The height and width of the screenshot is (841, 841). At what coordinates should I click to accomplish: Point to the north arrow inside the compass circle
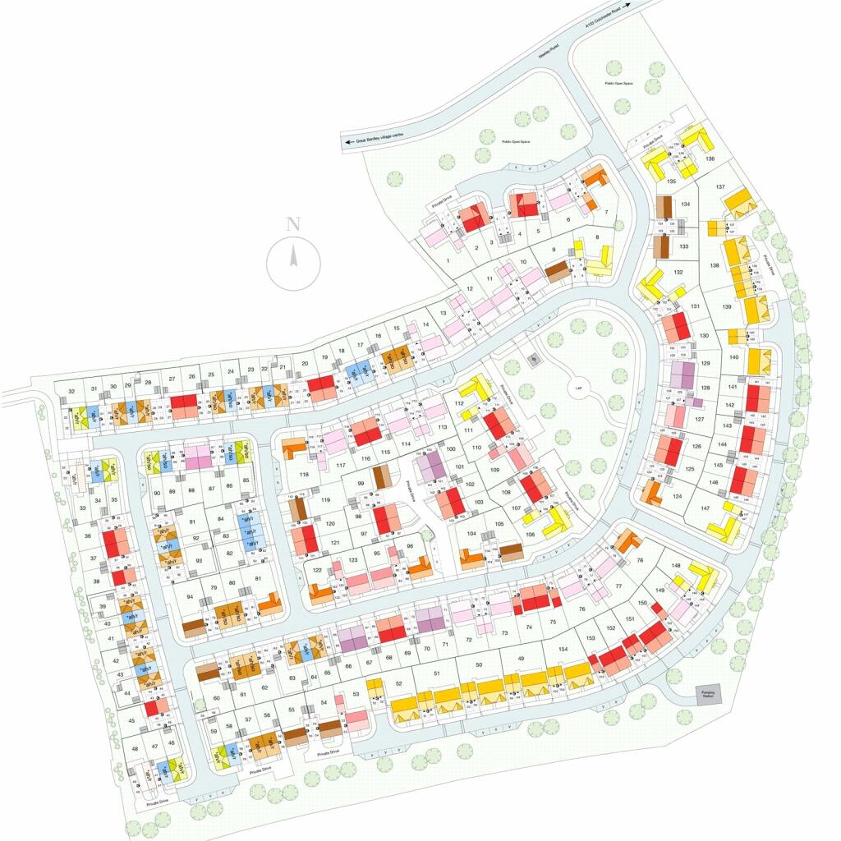[293, 258]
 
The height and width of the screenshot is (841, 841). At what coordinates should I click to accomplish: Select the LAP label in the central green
[578, 392]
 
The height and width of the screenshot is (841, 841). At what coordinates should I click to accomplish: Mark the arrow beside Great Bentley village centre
[349, 141]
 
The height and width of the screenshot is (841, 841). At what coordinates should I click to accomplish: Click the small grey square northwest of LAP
[531, 359]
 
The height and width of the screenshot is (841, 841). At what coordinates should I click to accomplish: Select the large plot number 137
[721, 187]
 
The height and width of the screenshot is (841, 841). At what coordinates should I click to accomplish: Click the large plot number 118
[303, 476]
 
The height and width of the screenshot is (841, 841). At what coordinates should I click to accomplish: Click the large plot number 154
[563, 649]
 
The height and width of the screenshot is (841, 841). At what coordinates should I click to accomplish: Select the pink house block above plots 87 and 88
[198, 457]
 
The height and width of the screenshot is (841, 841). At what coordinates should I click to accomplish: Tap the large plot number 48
[135, 748]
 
